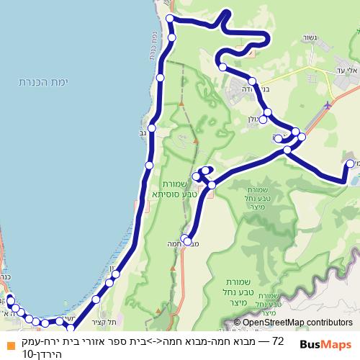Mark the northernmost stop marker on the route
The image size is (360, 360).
[x=170, y=18]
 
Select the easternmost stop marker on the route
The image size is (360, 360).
[x=350, y=164]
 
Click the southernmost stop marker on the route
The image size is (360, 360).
[x=70, y=329]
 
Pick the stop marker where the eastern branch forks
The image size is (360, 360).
[x=287, y=150]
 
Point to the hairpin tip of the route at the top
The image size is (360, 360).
[x=229, y=12]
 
